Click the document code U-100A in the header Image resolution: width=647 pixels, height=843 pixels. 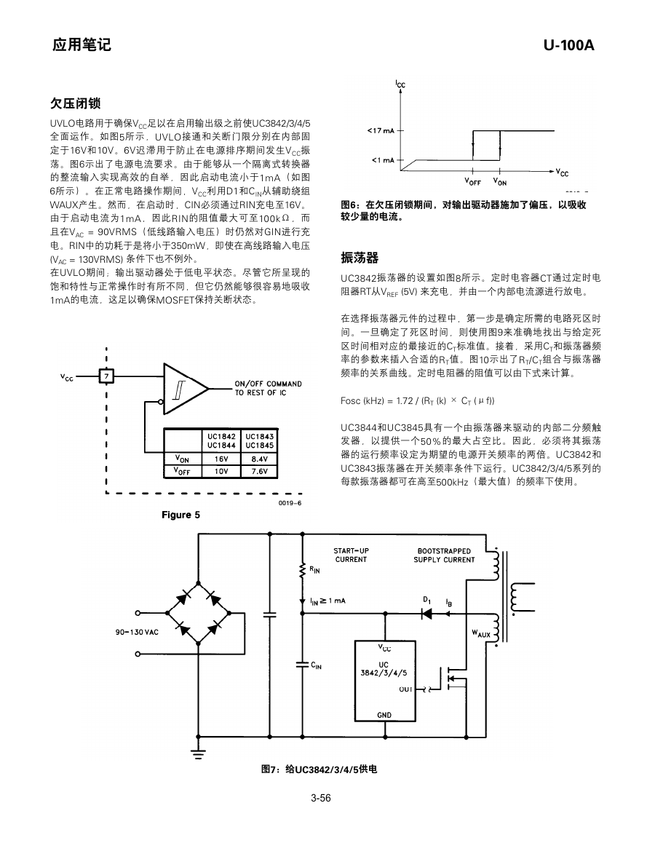coord(568,45)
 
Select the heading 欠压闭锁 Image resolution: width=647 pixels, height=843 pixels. coord(76,103)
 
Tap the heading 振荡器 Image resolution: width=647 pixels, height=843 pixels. coord(360,258)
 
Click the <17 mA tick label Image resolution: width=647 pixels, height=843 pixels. coord(381,130)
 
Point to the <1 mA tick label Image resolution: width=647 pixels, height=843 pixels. coord(383,160)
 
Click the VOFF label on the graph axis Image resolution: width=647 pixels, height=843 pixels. coord(473,182)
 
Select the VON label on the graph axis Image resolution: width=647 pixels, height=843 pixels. coord(500,182)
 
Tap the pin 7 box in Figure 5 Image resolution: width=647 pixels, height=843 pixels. coord(106,376)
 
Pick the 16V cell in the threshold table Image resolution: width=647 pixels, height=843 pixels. coord(221,459)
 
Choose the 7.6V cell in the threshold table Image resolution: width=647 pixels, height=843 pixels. coord(260,472)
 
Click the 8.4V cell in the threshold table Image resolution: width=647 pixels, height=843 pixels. coord(260,459)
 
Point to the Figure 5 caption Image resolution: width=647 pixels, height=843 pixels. coord(180,515)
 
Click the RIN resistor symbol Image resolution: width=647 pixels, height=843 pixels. coord(302,569)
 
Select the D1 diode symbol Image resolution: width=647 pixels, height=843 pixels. coord(427,613)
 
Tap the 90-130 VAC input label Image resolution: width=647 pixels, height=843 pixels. coord(137,632)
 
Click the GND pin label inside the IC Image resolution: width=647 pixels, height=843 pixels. coord(384,715)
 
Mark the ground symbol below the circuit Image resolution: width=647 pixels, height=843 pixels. coord(199,752)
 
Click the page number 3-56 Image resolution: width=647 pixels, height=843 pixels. coord(321,799)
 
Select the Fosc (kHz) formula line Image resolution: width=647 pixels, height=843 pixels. coord(418,400)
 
